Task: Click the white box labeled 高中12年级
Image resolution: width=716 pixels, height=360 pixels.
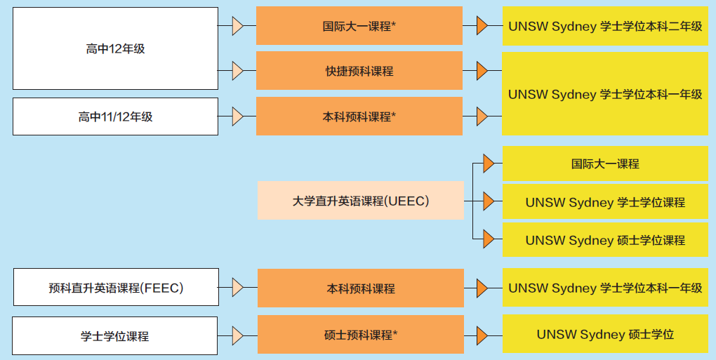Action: (x=115, y=48)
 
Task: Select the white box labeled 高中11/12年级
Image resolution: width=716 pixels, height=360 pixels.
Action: (x=115, y=116)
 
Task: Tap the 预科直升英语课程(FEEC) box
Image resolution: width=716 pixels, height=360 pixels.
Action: (x=116, y=288)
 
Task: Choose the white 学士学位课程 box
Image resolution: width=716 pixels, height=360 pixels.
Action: (x=115, y=335)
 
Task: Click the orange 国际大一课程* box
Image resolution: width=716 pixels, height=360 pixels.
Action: (x=359, y=26)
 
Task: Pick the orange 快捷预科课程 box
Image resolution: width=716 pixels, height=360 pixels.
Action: (x=359, y=71)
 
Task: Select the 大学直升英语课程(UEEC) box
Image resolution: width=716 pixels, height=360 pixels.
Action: (x=360, y=201)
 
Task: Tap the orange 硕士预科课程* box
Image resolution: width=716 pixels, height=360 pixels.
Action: (x=361, y=335)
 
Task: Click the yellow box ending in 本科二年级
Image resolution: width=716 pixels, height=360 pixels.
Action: (x=605, y=26)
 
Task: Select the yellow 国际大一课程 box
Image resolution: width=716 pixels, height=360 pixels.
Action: (x=605, y=164)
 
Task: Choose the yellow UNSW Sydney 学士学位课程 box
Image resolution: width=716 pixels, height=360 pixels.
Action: (x=605, y=202)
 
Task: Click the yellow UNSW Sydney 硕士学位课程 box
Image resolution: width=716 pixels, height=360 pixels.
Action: (x=605, y=240)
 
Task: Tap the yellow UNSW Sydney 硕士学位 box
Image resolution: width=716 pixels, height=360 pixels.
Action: (x=605, y=335)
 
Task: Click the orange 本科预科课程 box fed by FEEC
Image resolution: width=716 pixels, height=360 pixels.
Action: (x=361, y=288)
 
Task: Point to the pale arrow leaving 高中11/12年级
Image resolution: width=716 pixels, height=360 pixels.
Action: (x=237, y=116)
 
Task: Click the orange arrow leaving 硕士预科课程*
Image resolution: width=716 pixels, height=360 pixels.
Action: (x=482, y=335)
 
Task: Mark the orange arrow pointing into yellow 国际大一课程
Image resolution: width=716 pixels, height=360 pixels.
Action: (x=489, y=164)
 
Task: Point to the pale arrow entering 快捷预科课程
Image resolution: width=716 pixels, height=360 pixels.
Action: (x=237, y=71)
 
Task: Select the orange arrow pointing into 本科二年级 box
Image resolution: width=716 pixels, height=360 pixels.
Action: (x=482, y=26)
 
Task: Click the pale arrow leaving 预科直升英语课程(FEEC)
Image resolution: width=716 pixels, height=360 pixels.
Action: (x=237, y=288)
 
